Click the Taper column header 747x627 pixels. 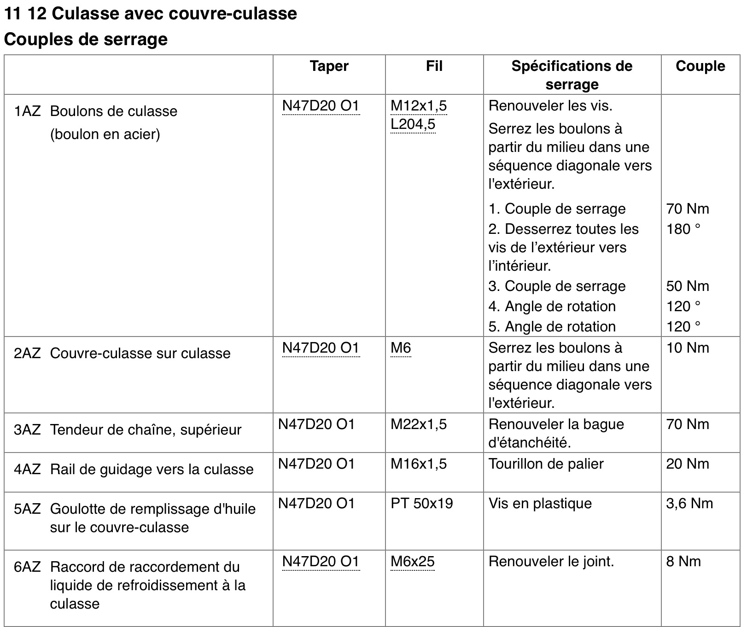(329, 66)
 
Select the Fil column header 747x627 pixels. (434, 66)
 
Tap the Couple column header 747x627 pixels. (700, 66)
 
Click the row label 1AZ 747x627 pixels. (27, 111)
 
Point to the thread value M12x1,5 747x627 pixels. (418, 106)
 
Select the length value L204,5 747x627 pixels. (413, 124)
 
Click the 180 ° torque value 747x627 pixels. (683, 229)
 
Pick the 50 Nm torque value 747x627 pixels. (687, 286)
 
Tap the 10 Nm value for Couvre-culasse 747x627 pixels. (687, 348)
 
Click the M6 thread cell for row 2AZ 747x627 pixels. (401, 348)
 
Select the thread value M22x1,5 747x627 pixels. (418, 424)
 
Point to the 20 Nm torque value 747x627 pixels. (687, 464)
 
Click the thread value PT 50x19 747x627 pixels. (421, 504)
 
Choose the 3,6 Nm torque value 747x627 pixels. (689, 504)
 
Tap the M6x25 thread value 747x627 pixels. (412, 562)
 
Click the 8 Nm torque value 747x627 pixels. (683, 562)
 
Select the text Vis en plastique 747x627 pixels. (540, 504)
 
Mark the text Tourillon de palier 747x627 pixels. (546, 464)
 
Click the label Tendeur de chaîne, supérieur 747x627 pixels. (146, 430)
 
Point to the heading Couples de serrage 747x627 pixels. (86, 40)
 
